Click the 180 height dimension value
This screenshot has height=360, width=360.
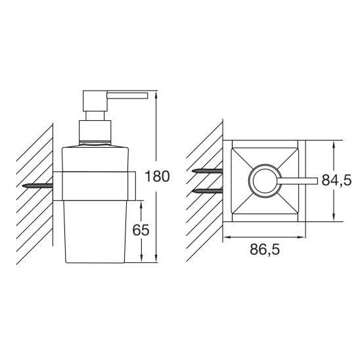click(157, 176)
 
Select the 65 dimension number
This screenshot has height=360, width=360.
click(141, 230)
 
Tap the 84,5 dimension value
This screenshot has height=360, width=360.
click(336, 180)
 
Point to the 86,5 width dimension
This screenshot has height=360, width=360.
click(265, 250)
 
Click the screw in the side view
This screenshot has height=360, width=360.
click(38, 186)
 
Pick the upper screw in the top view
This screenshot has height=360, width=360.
click(208, 171)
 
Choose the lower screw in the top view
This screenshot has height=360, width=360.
click(208, 191)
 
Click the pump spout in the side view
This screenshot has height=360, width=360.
click(127, 95)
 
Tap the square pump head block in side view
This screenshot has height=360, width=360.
click(95, 101)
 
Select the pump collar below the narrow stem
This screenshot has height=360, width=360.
click(95, 131)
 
